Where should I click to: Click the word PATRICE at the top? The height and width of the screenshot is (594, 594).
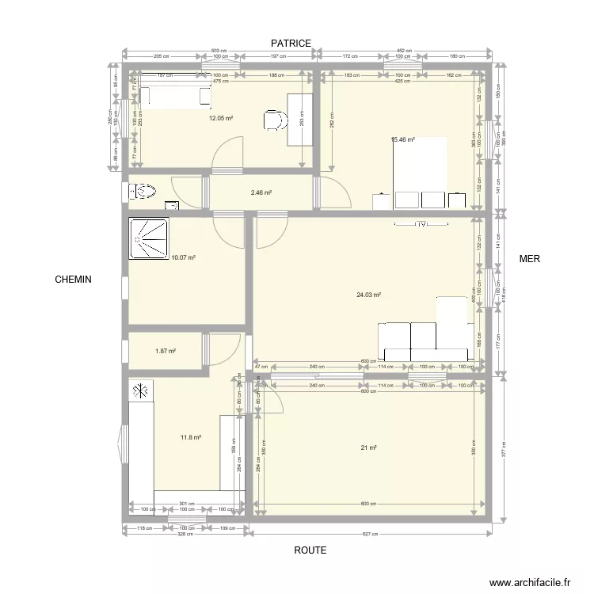tap(291, 43)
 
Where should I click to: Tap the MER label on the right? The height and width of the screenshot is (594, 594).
tap(529, 259)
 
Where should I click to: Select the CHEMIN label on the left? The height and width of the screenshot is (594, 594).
tap(73, 280)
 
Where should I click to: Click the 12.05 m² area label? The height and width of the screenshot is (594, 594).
tap(220, 119)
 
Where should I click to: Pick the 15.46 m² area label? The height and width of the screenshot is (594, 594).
tap(403, 140)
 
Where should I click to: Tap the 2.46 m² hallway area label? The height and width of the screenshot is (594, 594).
tap(261, 192)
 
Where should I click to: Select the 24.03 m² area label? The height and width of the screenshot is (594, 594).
tap(369, 295)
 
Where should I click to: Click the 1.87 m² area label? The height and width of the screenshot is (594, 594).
tap(165, 352)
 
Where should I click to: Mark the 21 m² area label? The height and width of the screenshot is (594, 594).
tap(368, 448)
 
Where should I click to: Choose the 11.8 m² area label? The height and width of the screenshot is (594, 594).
tap(191, 436)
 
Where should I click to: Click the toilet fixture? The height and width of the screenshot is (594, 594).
tap(143, 191)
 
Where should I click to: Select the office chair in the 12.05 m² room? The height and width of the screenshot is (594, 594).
tap(274, 120)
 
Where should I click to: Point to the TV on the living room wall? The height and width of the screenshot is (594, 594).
tap(421, 224)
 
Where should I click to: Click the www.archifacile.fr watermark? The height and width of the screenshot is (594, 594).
tap(531, 582)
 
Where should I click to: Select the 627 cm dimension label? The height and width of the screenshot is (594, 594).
tap(371, 533)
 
